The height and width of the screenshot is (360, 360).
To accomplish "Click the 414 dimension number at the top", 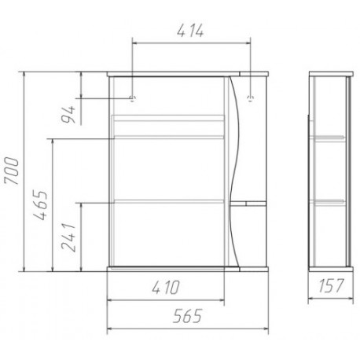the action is point(190,31).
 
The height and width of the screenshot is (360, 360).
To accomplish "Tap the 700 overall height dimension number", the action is point(12,171).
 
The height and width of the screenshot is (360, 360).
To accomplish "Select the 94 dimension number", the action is point(68,115).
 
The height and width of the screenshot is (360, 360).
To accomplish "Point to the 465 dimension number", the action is point(41,205).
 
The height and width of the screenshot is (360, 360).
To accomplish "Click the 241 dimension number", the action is point(68,237).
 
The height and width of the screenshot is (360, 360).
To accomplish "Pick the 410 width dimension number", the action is point(166,288).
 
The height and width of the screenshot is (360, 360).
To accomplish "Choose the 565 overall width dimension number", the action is point(188,316).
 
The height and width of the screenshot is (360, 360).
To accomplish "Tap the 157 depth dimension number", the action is point(331,285).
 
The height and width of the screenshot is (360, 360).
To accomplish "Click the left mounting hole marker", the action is point(132,98).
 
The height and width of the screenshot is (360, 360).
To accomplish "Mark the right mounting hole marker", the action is point(251,98).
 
